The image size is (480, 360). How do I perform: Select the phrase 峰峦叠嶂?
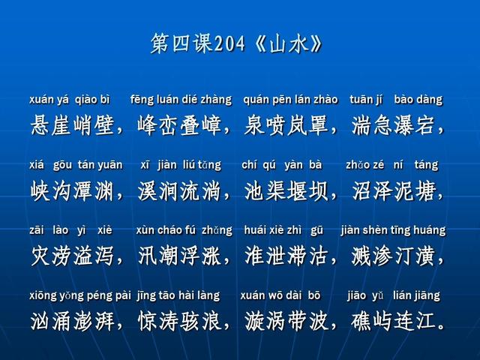click(178, 124)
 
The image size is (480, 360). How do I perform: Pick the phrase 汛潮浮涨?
click(178, 256)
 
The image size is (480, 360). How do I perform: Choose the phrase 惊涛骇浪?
click(178, 322)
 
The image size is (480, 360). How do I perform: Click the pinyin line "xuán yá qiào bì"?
click(70, 100)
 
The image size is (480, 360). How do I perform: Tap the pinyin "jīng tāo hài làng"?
click(178, 295)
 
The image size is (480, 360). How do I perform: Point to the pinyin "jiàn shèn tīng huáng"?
click(392, 230)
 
